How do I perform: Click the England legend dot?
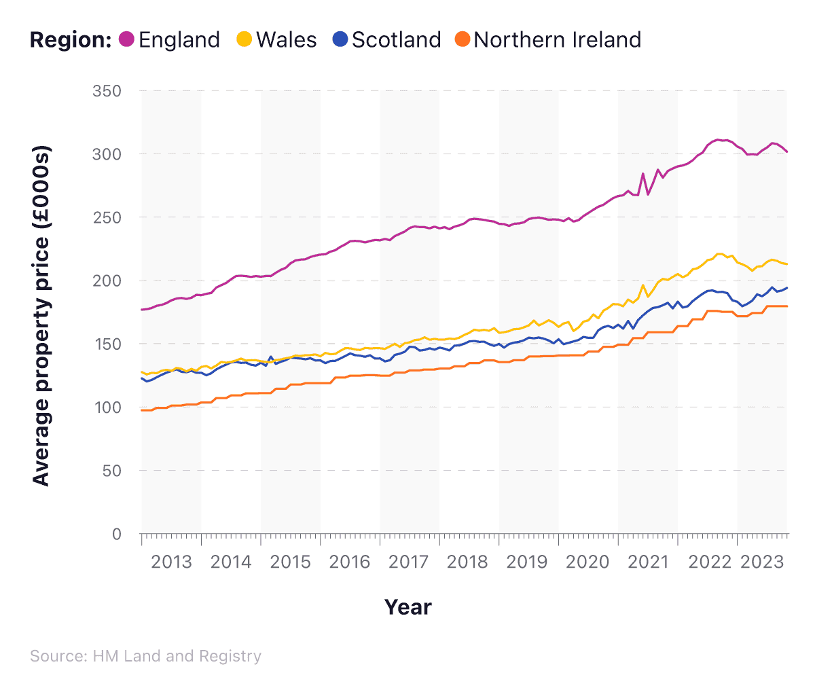tap(126, 39)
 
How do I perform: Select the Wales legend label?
tap(286, 39)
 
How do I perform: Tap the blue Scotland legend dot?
tap(340, 39)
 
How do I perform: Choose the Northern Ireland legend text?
tap(557, 39)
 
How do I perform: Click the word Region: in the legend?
tap(70, 39)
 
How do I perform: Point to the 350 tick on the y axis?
tap(107, 91)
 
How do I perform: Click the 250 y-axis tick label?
tap(107, 217)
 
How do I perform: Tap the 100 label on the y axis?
tap(107, 407)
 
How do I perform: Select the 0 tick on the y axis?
tap(116, 534)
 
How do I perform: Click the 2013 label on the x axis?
tap(171, 562)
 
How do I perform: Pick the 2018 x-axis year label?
tap(468, 562)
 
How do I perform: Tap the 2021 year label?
tap(647, 562)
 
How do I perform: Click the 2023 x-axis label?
tap(761, 562)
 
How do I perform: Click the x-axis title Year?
tap(407, 606)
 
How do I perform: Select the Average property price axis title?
tap(42, 315)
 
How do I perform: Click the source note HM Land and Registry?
tap(145, 656)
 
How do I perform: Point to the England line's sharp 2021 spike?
tap(642, 174)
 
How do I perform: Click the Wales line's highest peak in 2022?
tap(719, 254)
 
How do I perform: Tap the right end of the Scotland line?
tap(787, 288)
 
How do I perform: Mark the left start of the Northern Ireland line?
tap(142, 410)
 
